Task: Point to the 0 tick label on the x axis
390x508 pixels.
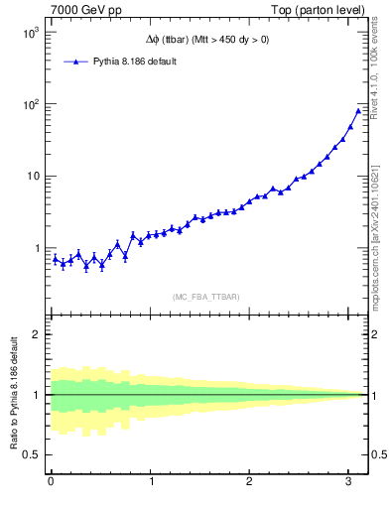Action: coord(51,482)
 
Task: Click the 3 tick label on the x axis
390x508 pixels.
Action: coord(350,482)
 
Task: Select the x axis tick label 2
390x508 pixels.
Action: coord(251,482)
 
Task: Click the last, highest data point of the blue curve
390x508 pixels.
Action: coord(358,110)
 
